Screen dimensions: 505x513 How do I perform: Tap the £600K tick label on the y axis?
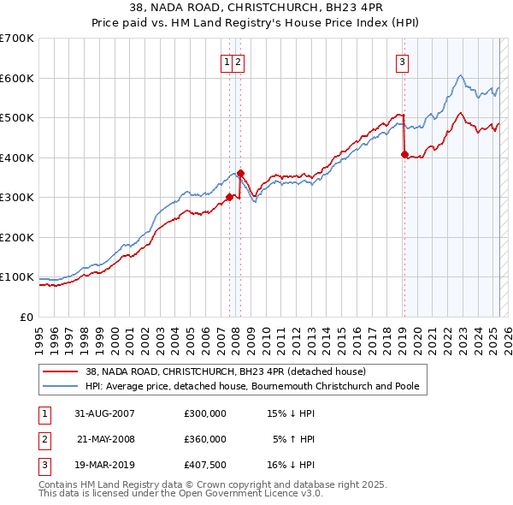click(x=17, y=78)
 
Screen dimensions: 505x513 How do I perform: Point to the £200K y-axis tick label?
click(x=17, y=237)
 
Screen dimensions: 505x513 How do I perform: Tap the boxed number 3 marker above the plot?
click(x=402, y=61)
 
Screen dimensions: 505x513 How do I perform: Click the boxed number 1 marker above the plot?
click(x=227, y=61)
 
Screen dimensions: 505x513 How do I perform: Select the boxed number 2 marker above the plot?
click(x=238, y=61)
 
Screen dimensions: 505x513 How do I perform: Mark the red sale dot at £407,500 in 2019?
click(x=404, y=155)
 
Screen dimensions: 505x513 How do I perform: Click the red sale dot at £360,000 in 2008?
click(x=240, y=173)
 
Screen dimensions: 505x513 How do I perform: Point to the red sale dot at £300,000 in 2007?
click(x=229, y=197)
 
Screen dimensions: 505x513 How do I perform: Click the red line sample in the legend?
click(x=60, y=372)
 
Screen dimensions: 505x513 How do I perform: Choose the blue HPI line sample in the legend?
click(x=60, y=387)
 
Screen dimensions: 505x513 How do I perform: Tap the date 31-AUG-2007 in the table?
click(x=104, y=413)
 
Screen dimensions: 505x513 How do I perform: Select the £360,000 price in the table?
click(x=205, y=439)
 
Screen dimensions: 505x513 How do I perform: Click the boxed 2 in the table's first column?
click(x=44, y=439)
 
